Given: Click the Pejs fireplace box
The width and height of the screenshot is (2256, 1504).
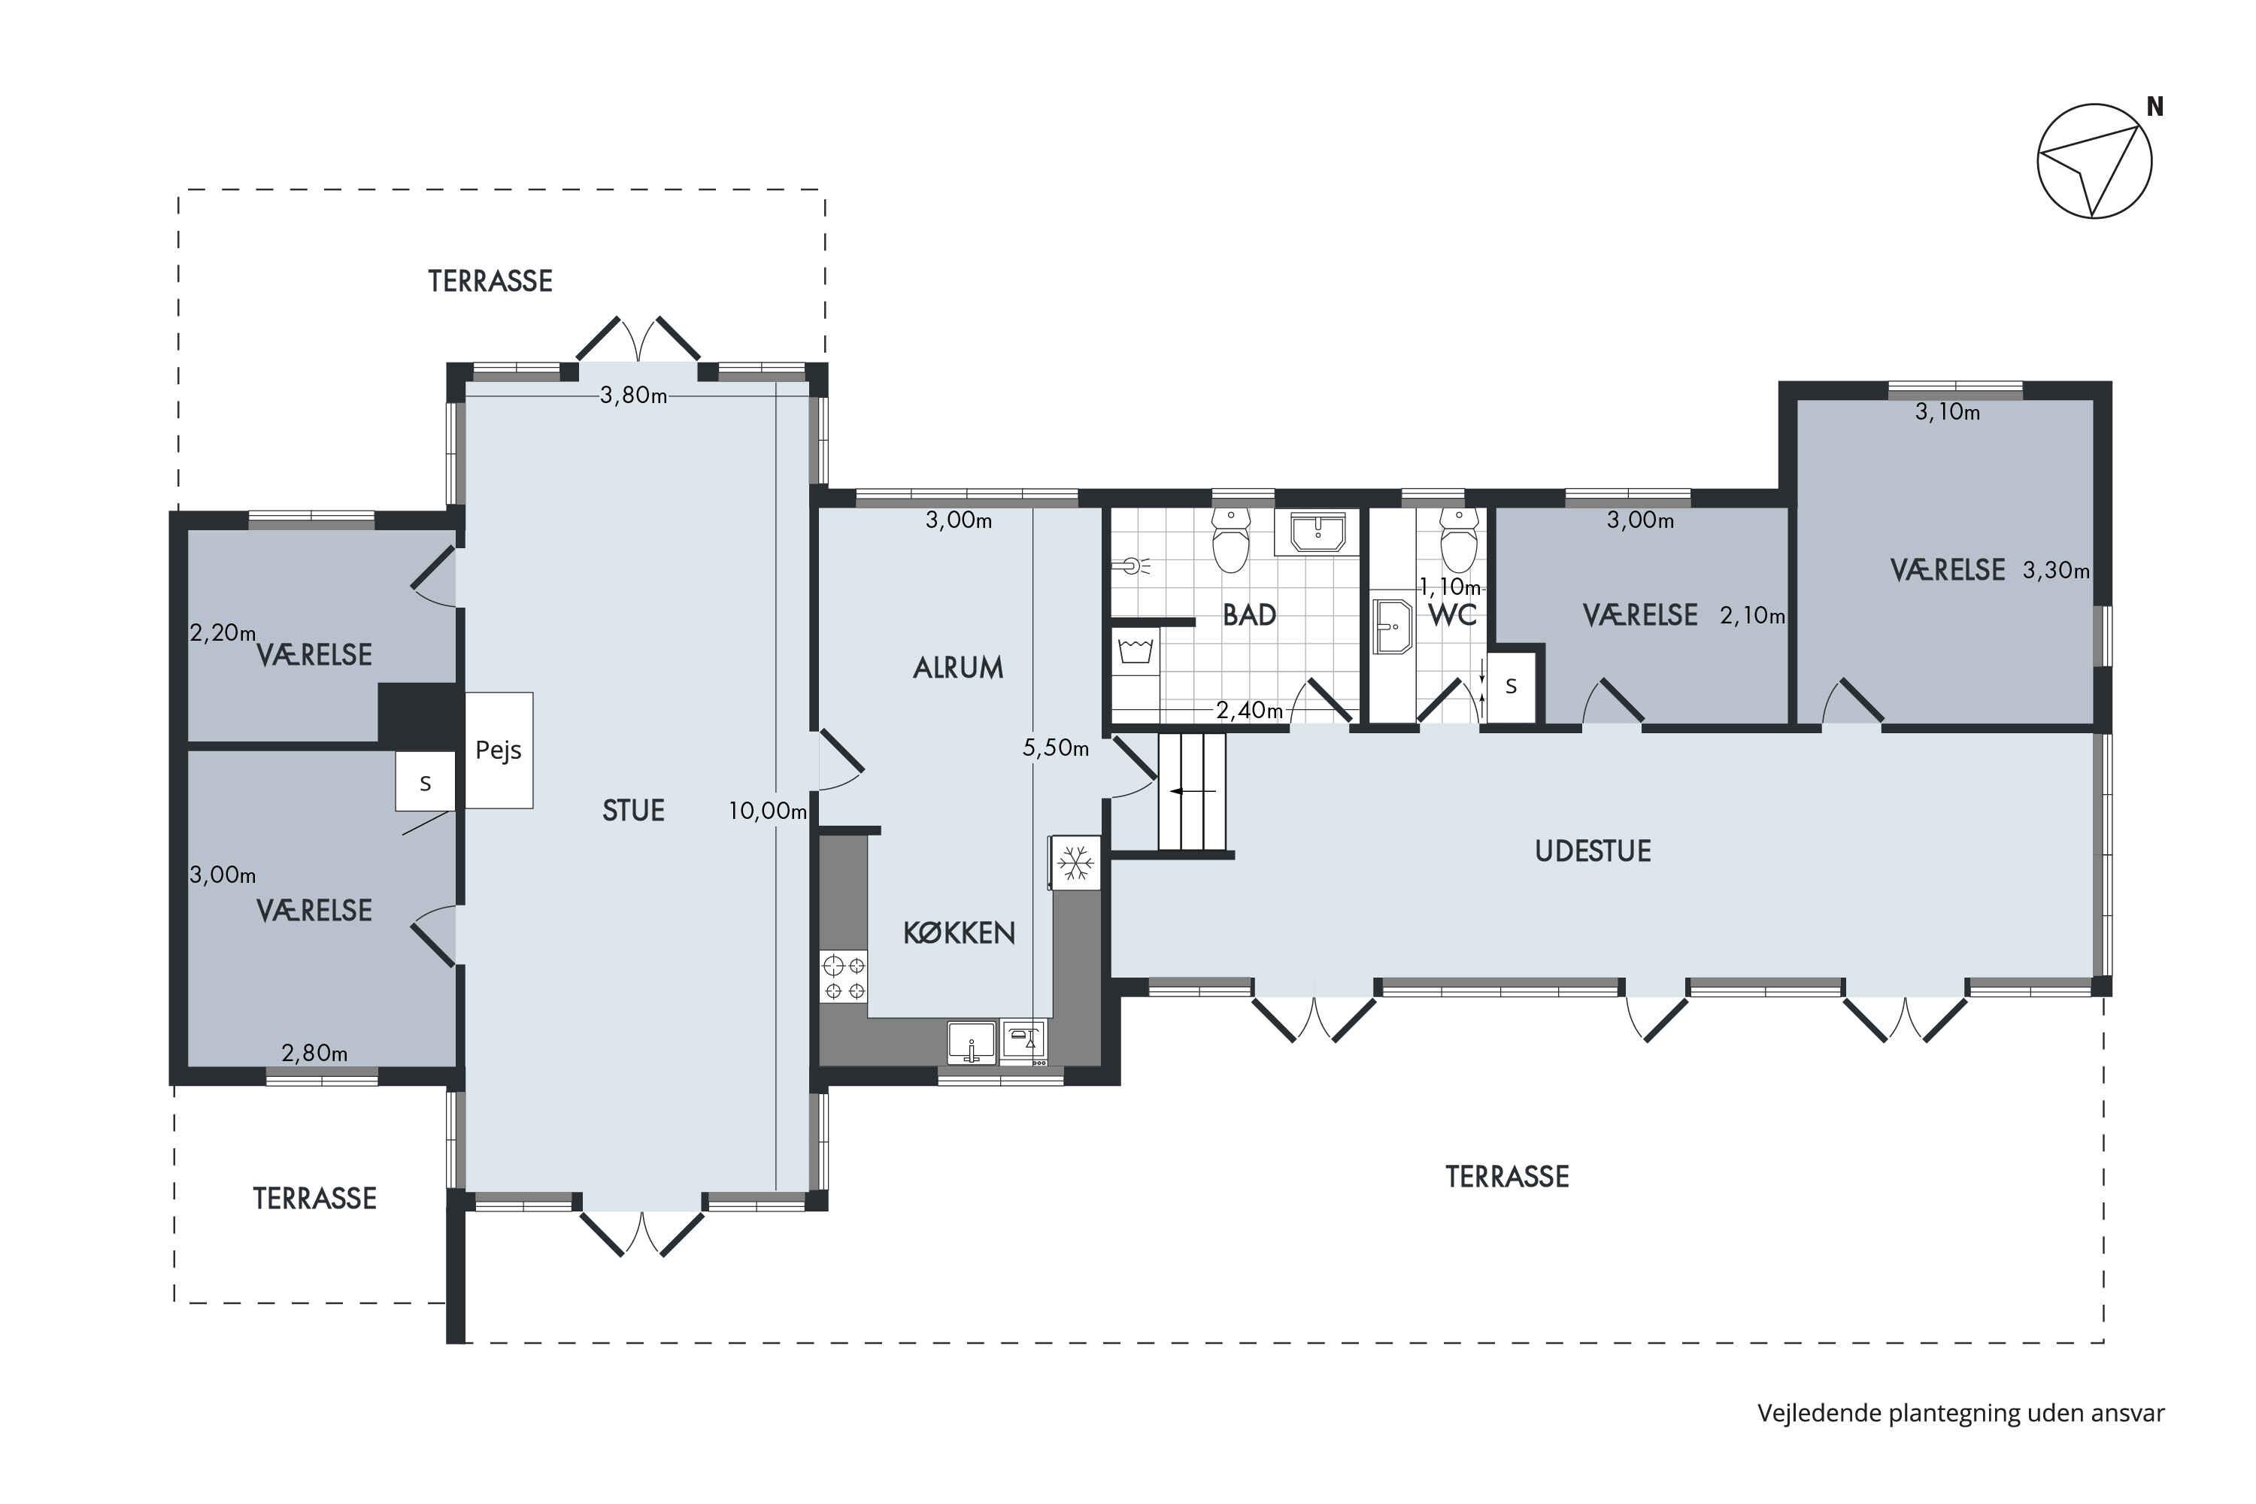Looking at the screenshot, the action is point(499,750).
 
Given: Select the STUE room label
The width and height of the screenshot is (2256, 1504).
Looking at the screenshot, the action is point(633,811).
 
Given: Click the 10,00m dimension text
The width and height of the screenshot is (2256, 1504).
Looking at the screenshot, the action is point(767,811).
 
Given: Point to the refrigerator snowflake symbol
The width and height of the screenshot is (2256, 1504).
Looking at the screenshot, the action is point(1075,863).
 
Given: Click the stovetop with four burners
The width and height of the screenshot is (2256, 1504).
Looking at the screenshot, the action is point(844,976).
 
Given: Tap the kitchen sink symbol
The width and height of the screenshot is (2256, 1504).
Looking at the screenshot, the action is point(972,1042).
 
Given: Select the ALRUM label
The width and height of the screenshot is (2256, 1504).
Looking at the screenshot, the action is point(958,668).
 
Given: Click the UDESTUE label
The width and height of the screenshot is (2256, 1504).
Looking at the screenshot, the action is point(1592,851).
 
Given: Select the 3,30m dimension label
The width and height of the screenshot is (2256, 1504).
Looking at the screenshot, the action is point(2055,571).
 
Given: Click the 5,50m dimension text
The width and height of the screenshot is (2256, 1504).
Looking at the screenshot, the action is point(1055,748).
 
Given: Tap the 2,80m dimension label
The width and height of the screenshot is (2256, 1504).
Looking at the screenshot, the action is point(314,1054).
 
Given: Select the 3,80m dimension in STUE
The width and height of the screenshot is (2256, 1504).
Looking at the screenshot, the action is point(633,396).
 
